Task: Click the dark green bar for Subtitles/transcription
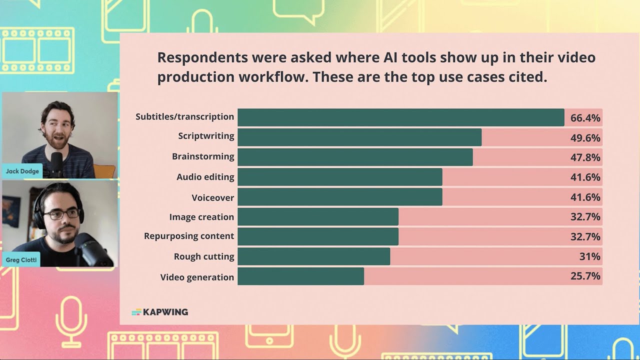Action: coord(400,117)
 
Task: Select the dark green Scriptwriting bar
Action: coord(359,137)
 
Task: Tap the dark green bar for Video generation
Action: coord(300,276)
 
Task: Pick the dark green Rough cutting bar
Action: coord(313,256)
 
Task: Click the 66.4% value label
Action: coord(585,118)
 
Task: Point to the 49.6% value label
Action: coord(585,138)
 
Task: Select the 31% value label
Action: coord(589,256)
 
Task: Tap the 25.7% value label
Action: coord(585,276)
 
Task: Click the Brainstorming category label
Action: coord(203,156)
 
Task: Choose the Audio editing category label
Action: coord(205,177)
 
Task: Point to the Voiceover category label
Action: coord(212,197)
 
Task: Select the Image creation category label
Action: coord(201,217)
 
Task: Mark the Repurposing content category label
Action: coord(189,236)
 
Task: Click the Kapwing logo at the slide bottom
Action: coord(160,312)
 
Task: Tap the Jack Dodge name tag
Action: coord(22,171)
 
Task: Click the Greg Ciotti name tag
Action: coord(21,260)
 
